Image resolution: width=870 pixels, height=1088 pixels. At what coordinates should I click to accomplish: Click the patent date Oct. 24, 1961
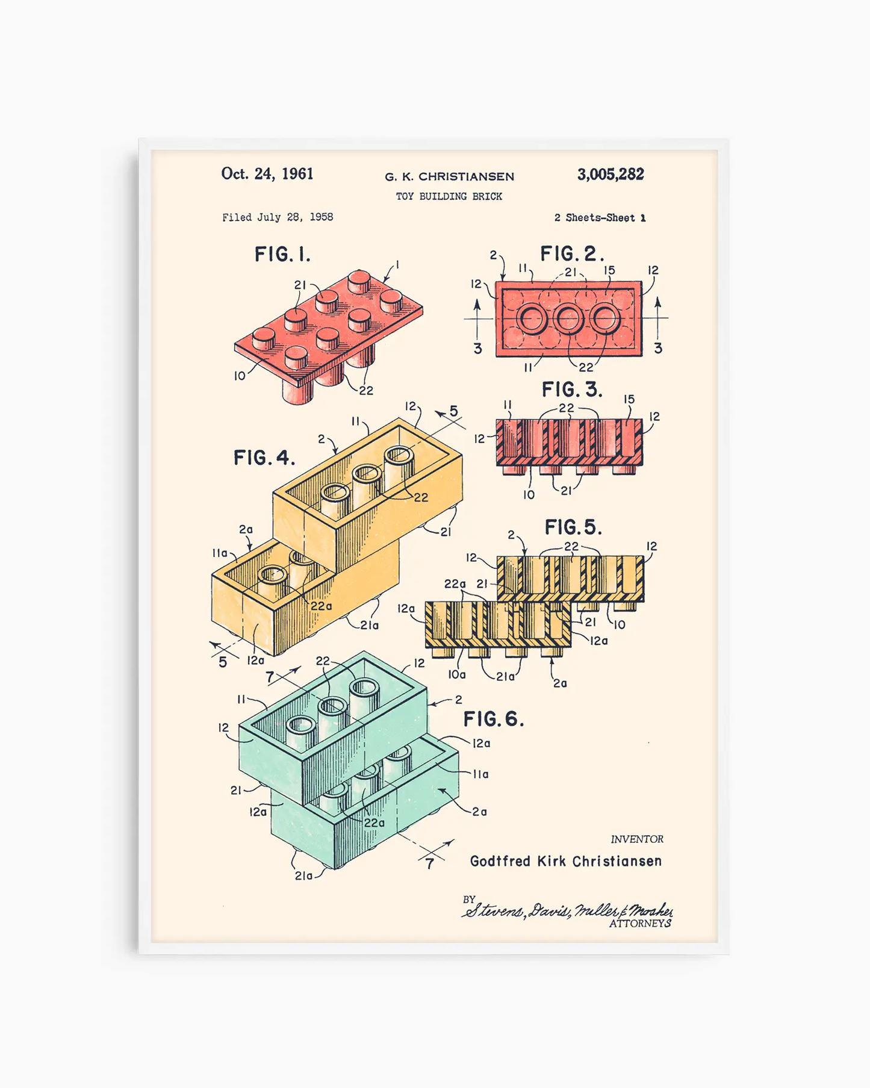click(267, 174)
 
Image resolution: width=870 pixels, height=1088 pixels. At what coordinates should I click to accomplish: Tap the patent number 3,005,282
click(611, 175)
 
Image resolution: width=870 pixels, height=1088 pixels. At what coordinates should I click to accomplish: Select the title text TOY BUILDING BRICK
click(449, 196)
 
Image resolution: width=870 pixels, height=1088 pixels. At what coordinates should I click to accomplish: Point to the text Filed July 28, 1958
click(278, 217)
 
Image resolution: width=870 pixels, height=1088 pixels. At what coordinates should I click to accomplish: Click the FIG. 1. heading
click(282, 255)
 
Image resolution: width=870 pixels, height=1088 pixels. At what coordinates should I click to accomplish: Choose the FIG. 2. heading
click(571, 253)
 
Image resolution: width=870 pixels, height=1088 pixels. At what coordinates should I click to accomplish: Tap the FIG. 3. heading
click(571, 390)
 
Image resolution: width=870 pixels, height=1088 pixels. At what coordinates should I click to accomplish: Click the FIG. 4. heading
click(264, 458)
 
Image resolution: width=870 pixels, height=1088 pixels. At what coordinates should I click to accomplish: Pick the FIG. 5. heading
click(573, 527)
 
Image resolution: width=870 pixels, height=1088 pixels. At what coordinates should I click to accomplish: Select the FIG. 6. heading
click(493, 719)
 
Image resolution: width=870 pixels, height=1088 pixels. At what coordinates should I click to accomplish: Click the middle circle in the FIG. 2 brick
click(568, 319)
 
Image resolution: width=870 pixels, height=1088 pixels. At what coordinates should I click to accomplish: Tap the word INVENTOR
click(637, 839)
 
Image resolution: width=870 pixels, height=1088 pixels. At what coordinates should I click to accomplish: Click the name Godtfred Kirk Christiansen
click(565, 862)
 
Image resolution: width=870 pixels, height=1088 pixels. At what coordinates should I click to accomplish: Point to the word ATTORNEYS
click(640, 924)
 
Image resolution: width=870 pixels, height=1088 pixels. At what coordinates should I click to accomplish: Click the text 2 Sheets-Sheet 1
click(600, 218)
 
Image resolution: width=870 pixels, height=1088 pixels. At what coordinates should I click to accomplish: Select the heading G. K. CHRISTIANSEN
click(449, 177)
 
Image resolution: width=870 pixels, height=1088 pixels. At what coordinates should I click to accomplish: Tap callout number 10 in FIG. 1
click(240, 376)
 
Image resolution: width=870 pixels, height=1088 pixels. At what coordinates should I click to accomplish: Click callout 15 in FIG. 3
click(629, 399)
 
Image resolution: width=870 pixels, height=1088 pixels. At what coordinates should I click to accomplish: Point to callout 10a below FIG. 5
click(457, 675)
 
